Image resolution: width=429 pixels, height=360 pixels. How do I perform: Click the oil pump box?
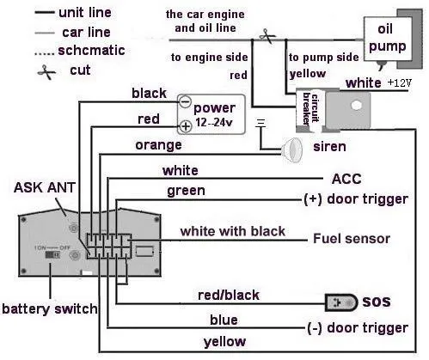(388, 39)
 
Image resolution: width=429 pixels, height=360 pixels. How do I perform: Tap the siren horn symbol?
(291, 149)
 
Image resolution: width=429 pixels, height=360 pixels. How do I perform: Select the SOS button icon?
(341, 302)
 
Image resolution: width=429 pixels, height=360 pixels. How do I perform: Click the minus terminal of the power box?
(186, 101)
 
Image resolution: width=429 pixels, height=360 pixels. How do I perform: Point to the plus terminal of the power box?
(186, 126)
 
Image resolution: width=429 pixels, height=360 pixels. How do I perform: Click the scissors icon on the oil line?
(267, 36)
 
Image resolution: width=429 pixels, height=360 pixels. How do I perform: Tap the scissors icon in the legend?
(46, 72)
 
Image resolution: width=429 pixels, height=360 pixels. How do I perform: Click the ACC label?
(346, 179)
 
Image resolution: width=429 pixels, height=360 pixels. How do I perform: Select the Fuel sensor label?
(352, 239)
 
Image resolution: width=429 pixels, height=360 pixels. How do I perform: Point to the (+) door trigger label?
(356, 199)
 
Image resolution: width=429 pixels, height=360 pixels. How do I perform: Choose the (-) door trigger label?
(358, 328)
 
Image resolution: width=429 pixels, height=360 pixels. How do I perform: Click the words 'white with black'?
(233, 231)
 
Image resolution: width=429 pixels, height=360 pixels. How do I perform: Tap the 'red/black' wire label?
(229, 296)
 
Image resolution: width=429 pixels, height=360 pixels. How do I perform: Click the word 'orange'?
(158, 145)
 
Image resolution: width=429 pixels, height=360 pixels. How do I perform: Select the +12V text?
(400, 82)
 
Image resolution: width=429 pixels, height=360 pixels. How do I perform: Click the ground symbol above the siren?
(260, 123)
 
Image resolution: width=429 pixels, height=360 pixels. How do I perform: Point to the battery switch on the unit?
(52, 254)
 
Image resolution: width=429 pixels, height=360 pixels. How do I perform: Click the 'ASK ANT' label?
(45, 187)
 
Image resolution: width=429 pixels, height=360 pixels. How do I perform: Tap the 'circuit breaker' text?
(310, 108)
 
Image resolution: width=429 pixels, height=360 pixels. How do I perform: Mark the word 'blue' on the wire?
(224, 320)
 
